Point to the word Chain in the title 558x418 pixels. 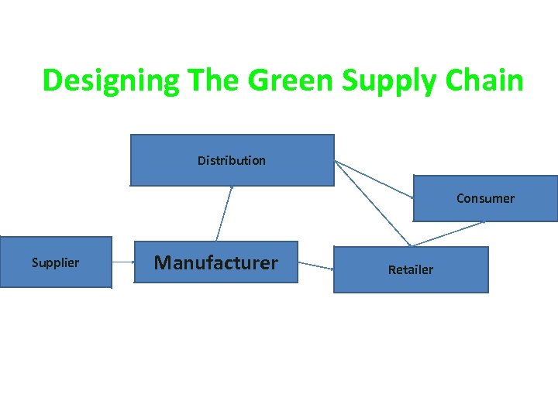pyautogui.click(x=485, y=80)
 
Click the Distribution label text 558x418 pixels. pyautogui.click(x=231, y=161)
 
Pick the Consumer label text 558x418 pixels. pyautogui.click(x=485, y=198)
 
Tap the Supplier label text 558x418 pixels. pyautogui.click(x=55, y=262)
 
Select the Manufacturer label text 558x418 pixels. pyautogui.click(x=215, y=262)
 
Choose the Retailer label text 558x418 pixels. pyautogui.click(x=410, y=269)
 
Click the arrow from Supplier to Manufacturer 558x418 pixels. pyautogui.click(x=122, y=262)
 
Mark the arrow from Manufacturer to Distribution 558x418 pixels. pyautogui.click(x=225, y=213)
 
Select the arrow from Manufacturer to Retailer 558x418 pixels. pyautogui.click(x=315, y=266)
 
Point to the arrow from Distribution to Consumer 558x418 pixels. pyautogui.click(x=374, y=180)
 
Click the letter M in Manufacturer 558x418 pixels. pyautogui.click(x=162, y=262)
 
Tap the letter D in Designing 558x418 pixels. pyautogui.click(x=52, y=80)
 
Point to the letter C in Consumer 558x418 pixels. pyautogui.click(x=460, y=198)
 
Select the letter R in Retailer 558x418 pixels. pyautogui.click(x=391, y=269)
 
